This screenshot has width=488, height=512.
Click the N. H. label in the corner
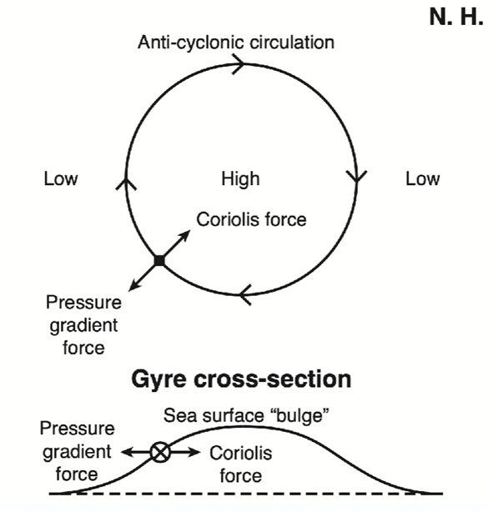[x=456, y=17]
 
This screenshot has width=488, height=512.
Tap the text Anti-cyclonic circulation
[x=236, y=43]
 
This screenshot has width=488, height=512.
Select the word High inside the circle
[x=241, y=179]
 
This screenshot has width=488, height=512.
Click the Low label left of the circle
[x=61, y=179]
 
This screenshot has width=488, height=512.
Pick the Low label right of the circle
[x=423, y=179]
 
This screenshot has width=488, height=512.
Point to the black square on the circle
[x=159, y=260]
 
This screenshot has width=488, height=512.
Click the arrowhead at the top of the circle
[x=239, y=64]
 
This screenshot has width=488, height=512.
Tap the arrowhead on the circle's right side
[x=357, y=176]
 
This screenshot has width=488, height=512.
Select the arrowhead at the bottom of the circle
[x=245, y=295]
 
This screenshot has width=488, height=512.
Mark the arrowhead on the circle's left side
[x=126, y=183]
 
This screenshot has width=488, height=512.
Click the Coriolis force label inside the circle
[x=251, y=219]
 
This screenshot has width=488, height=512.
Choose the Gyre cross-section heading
[x=241, y=379]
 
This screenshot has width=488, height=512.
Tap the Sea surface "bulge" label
[x=246, y=415]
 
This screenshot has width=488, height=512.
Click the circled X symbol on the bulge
[x=160, y=453]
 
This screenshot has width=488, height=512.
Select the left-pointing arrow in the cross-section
[x=135, y=453]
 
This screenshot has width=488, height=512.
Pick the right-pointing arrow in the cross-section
[x=185, y=453]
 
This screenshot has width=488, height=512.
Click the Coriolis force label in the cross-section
[x=241, y=464]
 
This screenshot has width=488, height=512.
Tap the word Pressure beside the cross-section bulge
[x=77, y=429]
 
